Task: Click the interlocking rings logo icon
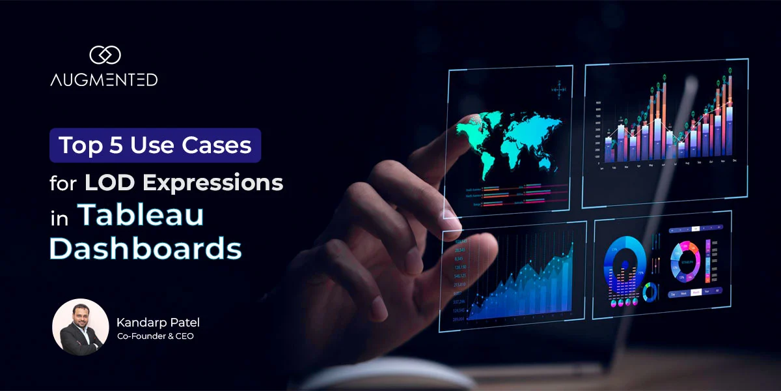[104, 55]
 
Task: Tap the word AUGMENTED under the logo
[104, 80]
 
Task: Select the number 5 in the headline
[116, 145]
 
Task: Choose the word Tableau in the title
[141, 216]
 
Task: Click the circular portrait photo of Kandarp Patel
[80, 327]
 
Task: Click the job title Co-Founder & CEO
[155, 336]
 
